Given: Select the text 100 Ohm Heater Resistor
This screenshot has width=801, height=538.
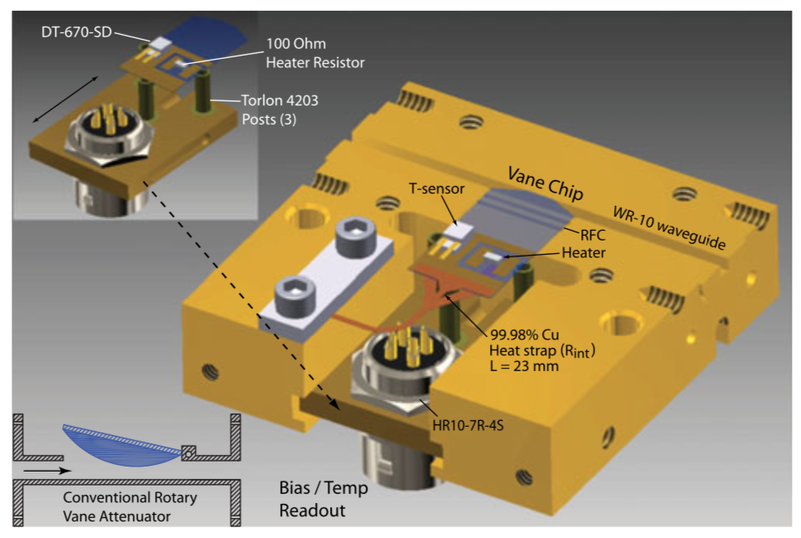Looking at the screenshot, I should pos(315,52).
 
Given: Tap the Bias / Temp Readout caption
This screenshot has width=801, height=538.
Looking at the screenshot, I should pos(323,498).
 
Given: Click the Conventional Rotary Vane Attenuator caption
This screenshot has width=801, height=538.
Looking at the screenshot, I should pos(131,506).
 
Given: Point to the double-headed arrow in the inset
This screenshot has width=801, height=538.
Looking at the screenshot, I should pos(66,98).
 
